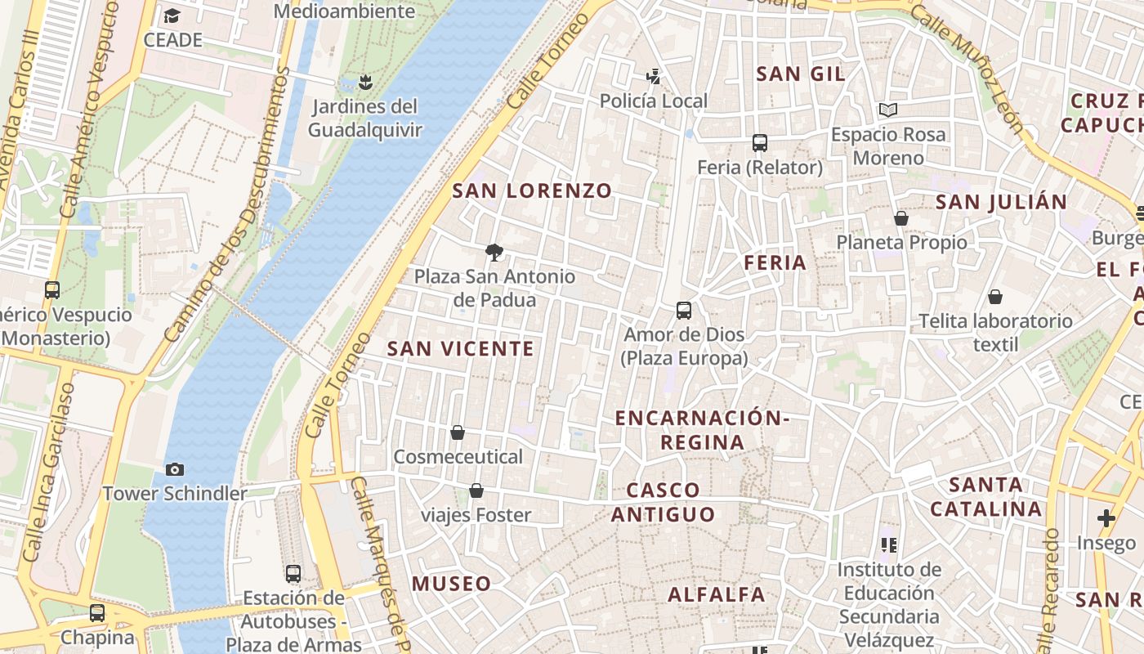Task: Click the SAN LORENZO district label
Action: coord(532,190)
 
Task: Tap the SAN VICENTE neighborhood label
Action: coord(460,349)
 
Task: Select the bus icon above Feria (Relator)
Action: coord(760,143)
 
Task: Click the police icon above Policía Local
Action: coord(653,77)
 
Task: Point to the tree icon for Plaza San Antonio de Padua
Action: coord(494,252)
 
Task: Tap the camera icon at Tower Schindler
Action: coord(174,469)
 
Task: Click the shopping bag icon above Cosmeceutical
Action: coord(458,432)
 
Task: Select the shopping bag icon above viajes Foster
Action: coord(476,490)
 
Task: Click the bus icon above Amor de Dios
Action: coord(684,311)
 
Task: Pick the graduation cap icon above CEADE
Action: coord(172,16)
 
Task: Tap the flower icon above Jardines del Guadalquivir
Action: coord(365,82)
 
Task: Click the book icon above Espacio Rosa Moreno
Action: coord(888,110)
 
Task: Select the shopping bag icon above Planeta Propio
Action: coord(901,218)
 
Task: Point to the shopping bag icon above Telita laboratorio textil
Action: coord(995,297)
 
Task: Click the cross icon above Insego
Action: coord(1106,518)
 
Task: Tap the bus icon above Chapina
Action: coord(97,612)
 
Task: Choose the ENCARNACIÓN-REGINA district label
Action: coord(702,430)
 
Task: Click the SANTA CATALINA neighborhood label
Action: coord(986,497)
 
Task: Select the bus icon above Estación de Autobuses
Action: coord(293,574)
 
